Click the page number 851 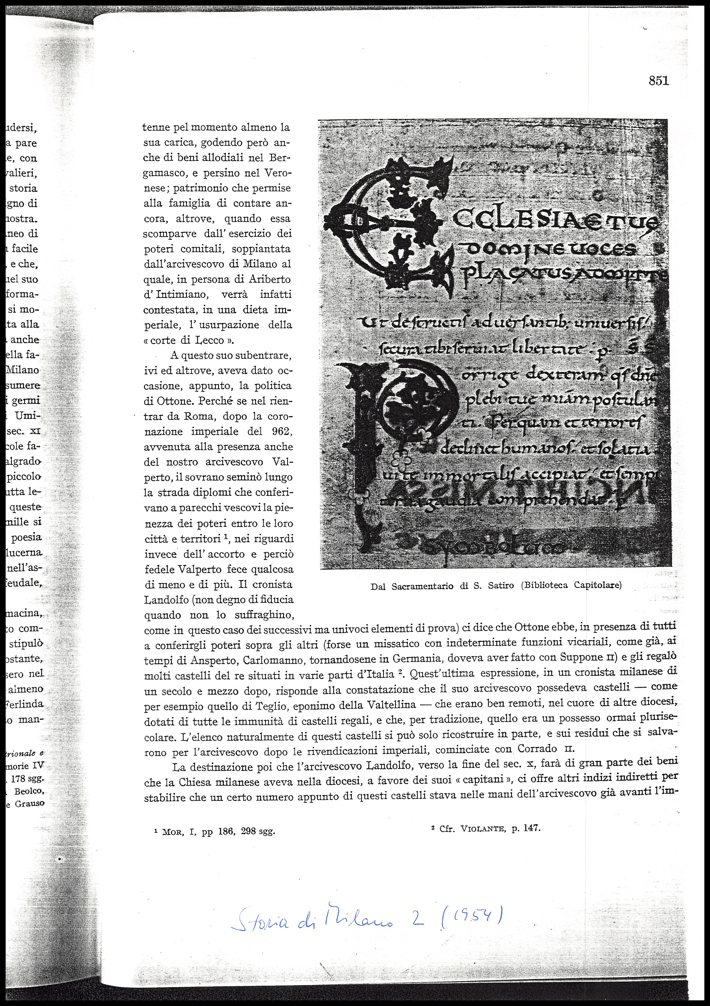tap(659, 81)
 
